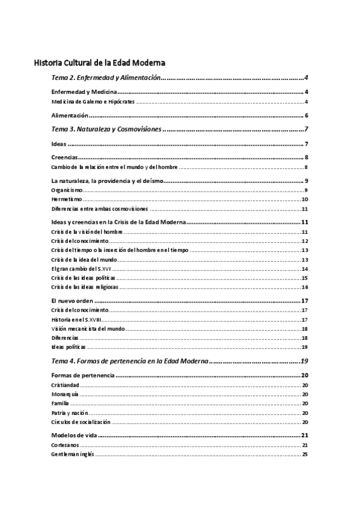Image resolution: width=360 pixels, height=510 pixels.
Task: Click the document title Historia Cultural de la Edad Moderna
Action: (x=100, y=62)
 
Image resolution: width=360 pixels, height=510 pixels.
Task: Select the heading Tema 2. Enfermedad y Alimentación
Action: (x=106, y=78)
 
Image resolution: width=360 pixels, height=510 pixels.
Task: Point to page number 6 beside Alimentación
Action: (x=306, y=115)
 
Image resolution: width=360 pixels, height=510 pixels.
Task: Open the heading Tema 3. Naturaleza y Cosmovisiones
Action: (x=106, y=129)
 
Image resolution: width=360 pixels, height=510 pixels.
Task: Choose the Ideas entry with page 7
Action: (x=59, y=144)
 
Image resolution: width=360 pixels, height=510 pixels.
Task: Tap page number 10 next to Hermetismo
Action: (x=305, y=199)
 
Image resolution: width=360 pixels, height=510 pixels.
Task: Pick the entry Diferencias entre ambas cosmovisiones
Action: (x=100, y=209)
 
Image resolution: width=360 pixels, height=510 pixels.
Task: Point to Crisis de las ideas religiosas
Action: (x=84, y=287)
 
